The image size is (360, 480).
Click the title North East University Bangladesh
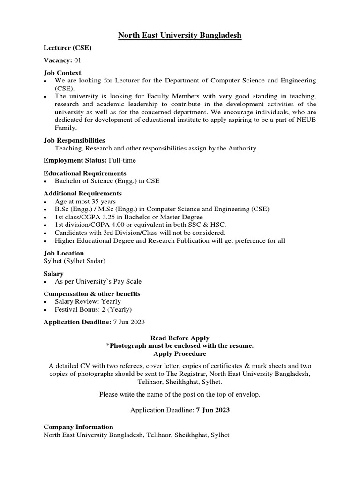pyautogui.click(x=180, y=35)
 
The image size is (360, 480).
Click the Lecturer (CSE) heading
pyautogui.click(x=67, y=48)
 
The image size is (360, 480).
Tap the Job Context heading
pyautogui.click(x=62, y=73)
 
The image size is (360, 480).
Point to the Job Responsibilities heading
pyautogui.click(x=74, y=140)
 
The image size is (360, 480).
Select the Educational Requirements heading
pyautogui.click(x=85, y=173)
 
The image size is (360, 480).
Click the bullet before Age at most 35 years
pyautogui.click(x=45, y=202)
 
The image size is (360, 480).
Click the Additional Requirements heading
pyautogui.click(x=82, y=193)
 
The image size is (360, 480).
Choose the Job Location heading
pyautogui.click(x=64, y=253)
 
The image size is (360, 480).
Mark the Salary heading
pyautogui.click(x=53, y=273)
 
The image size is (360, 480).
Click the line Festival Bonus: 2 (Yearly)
pyautogui.click(x=93, y=310)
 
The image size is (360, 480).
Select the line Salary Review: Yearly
pyautogui.click(x=88, y=301)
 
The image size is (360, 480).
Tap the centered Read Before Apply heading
pyautogui.click(x=180, y=338)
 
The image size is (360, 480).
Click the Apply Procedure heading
pyautogui.click(x=180, y=353)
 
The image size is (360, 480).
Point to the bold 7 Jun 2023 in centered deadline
pyautogui.click(x=213, y=410)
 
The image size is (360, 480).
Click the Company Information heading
pyautogui.click(x=78, y=427)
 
